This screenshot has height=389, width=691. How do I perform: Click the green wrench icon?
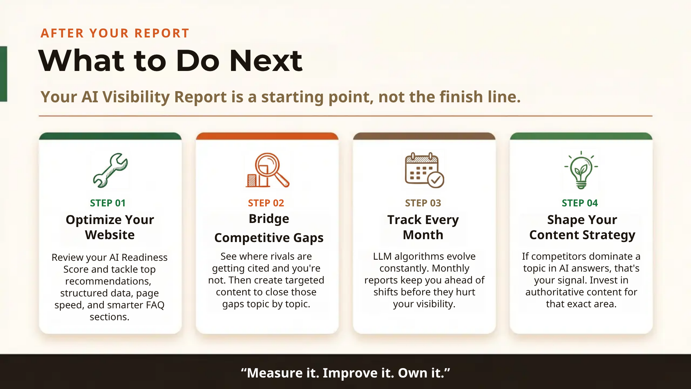[110, 170]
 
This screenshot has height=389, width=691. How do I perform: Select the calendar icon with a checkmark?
[424, 170]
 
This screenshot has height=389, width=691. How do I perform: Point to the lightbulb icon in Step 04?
[581, 170]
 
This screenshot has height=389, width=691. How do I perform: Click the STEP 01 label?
[108, 203]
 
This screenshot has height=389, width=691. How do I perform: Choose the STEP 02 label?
[266, 203]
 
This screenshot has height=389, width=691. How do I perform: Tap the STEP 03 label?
[423, 203]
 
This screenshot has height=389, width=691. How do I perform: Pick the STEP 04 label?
[580, 203]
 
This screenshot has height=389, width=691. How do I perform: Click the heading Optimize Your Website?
[110, 227]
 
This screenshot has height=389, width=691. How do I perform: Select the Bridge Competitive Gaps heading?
[269, 228]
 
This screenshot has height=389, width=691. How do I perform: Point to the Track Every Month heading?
[423, 227]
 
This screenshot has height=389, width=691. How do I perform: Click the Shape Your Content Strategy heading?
[582, 227]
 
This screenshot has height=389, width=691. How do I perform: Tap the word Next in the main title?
[266, 61]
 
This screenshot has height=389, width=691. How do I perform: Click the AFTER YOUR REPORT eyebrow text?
[115, 33]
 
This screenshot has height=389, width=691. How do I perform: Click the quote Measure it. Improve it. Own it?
[345, 373]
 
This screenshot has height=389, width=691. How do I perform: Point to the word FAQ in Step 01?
[155, 305]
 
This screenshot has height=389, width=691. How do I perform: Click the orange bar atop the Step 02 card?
[267, 136]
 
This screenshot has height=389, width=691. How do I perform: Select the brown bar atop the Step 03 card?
[424, 136]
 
